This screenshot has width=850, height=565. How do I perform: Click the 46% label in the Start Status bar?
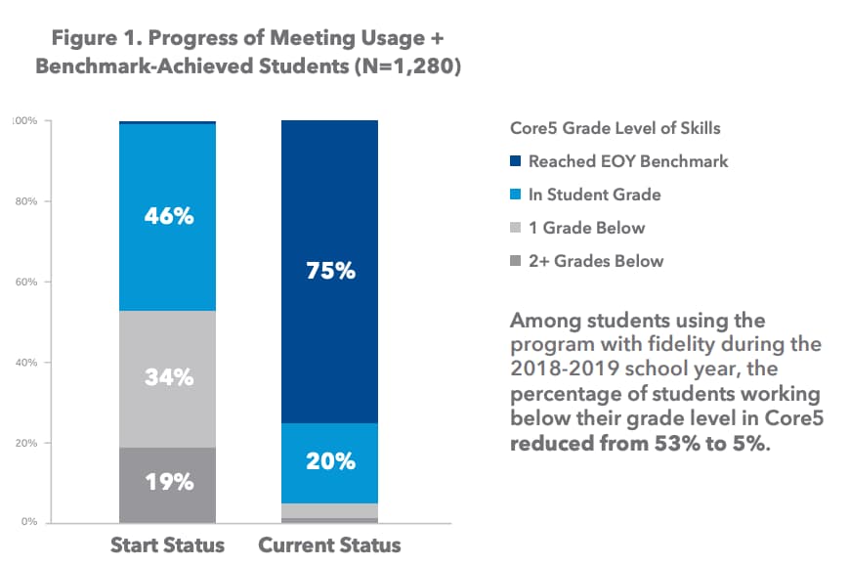[x=169, y=217]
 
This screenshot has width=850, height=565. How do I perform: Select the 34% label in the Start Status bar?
[x=169, y=377]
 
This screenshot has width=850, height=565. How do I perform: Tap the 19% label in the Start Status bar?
[x=169, y=482]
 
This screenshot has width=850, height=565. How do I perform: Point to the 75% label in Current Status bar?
[x=330, y=272]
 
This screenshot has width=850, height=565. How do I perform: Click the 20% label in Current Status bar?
[x=330, y=461]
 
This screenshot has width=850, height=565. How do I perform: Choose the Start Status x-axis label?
[x=167, y=544]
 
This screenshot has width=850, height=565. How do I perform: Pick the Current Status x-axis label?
[x=329, y=544]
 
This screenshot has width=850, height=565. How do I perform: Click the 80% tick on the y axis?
[x=25, y=202]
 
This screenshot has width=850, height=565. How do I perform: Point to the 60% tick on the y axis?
[x=25, y=282]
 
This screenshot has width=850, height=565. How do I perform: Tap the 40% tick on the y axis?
[x=25, y=363]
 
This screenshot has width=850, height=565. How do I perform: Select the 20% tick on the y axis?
[x=25, y=443]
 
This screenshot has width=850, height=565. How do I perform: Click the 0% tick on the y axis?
[x=28, y=522]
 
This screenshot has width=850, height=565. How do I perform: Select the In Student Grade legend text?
[x=594, y=195]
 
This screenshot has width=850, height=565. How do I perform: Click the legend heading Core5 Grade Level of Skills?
[x=616, y=128]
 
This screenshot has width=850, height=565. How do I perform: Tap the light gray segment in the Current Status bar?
[x=330, y=510]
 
